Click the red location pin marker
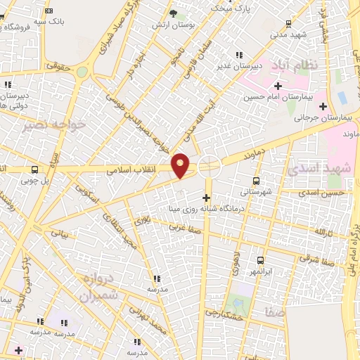pos(181,164)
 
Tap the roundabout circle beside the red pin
pos(209,167)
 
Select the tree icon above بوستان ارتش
pos(174,13)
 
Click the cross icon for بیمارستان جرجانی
pos(323,107)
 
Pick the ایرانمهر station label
pos(262,271)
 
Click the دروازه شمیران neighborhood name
pos(98,288)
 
